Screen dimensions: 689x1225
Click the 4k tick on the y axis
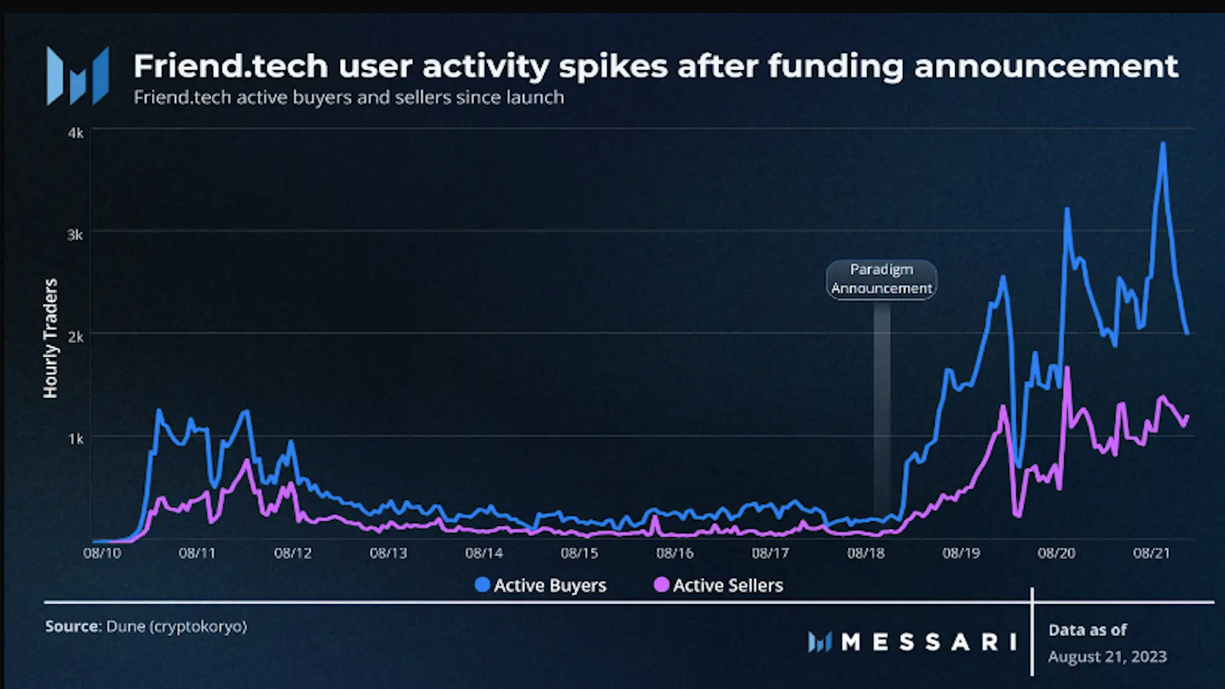pos(75,133)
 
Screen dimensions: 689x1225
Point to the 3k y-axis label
pos(75,235)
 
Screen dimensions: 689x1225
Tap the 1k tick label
pos(75,439)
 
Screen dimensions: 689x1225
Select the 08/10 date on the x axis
pos(102,553)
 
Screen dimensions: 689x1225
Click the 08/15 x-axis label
pos(579,553)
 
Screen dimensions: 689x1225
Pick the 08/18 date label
pos(866,553)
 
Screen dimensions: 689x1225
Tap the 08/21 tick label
pos(1152,553)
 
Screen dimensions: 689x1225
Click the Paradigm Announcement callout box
pos(881,279)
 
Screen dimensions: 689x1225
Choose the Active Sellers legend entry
pos(719,585)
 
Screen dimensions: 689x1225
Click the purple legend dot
pos(662,584)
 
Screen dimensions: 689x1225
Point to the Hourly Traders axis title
pos(50,338)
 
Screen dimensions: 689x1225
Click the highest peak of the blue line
pos(1163,144)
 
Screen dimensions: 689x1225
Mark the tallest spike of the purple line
pos(1067,368)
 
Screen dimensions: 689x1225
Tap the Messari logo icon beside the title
pos(78,75)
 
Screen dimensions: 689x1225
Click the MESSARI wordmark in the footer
pos(928,642)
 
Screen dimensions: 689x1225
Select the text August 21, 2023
pos(1107,656)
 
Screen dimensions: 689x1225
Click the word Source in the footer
pos(73,626)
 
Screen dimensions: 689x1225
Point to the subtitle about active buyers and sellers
pos(349,98)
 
